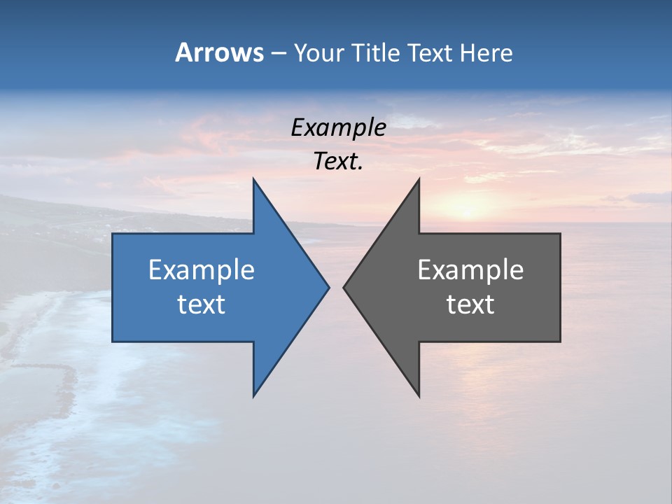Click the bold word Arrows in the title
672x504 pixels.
(x=219, y=52)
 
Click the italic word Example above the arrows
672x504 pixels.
(x=338, y=128)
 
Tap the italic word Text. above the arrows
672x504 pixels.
(x=338, y=162)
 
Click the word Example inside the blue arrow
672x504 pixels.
(x=202, y=270)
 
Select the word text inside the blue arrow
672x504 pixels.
(x=202, y=304)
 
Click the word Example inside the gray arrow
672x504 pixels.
(x=470, y=270)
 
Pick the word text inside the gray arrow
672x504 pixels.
(x=470, y=304)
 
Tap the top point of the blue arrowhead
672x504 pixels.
(x=254, y=181)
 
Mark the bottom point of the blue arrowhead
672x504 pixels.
(x=254, y=394)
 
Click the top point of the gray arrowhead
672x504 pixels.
(x=418, y=181)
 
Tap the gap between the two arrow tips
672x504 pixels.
(x=336, y=287)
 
